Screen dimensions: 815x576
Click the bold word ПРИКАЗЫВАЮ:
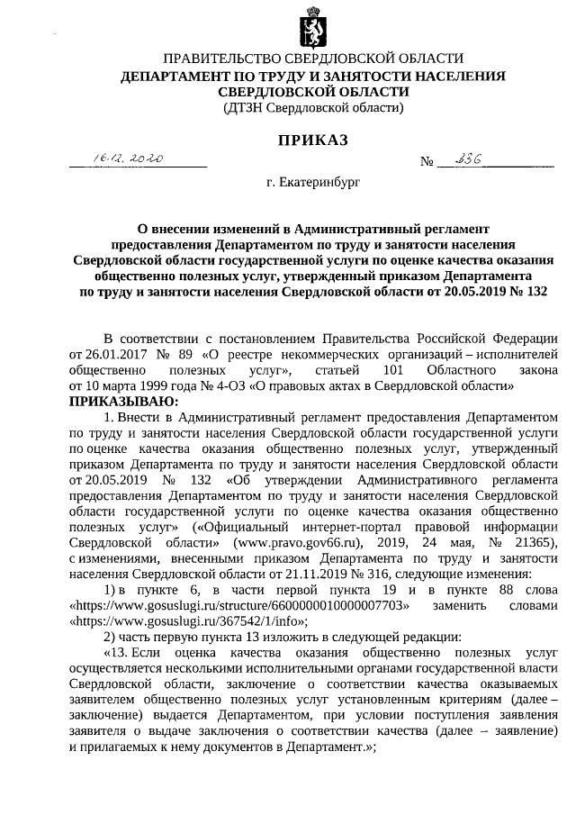coord(125,400)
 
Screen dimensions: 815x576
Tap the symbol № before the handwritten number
coord(427,162)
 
